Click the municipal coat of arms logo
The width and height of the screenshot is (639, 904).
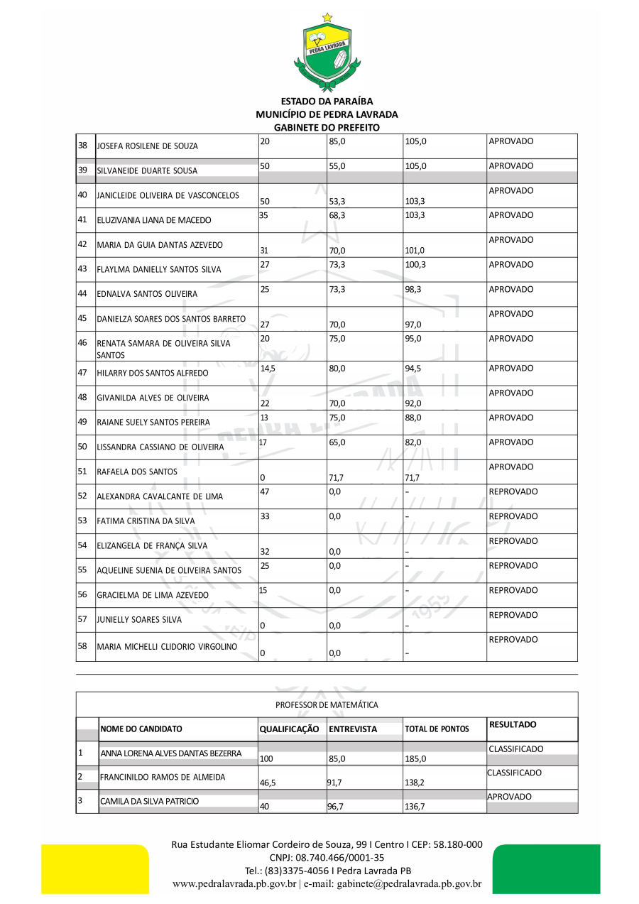(327, 53)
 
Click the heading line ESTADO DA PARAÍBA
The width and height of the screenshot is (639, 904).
(327, 102)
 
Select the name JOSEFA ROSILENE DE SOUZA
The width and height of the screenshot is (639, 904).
(148, 146)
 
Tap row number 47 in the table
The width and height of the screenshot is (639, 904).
(82, 372)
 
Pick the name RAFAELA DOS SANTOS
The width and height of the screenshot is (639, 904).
(137, 472)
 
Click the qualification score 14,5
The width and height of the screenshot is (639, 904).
(267, 369)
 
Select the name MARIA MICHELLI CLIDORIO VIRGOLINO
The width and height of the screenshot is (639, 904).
(167, 646)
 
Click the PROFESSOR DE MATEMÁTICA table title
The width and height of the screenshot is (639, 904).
(327, 705)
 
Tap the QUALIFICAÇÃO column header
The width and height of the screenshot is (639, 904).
(289, 729)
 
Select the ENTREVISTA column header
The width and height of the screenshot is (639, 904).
(352, 729)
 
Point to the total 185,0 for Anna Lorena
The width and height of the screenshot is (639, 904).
(415, 759)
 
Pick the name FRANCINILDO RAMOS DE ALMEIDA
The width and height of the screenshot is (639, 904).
(163, 778)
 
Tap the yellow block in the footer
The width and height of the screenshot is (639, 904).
(94, 868)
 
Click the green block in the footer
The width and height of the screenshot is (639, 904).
(546, 868)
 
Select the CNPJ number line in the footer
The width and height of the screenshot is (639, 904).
(327, 858)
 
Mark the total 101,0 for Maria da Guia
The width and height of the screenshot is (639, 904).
(415, 251)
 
